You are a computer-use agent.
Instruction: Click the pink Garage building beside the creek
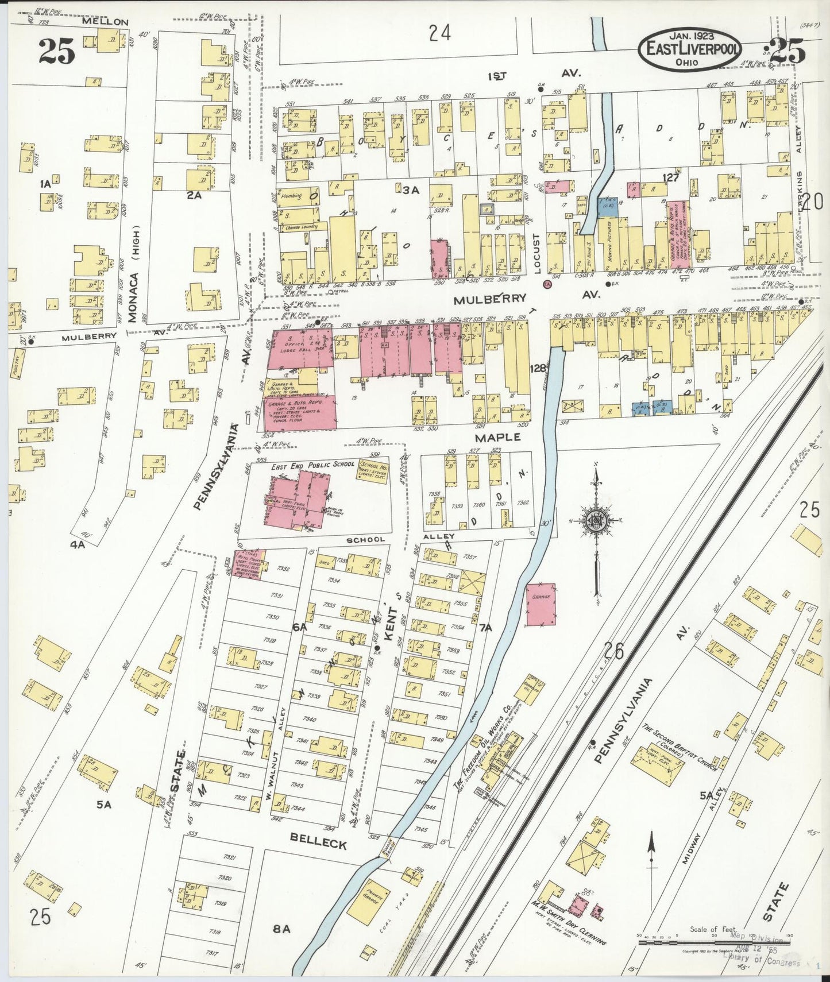click(541, 604)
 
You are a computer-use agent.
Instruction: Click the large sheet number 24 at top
click(439, 33)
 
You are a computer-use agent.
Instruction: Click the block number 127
click(670, 178)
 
